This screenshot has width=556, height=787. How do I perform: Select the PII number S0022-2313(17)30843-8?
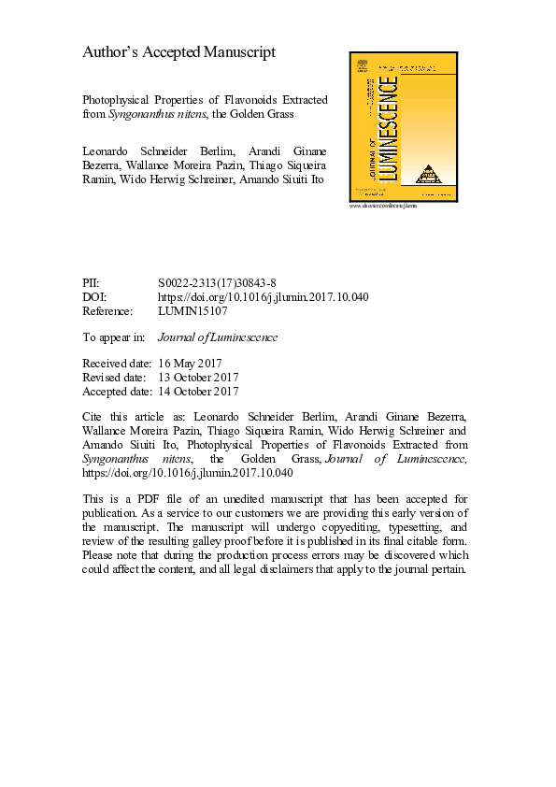[x=218, y=281]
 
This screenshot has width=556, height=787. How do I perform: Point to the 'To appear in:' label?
[x=114, y=337]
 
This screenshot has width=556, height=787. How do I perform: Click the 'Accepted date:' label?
[x=117, y=392]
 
